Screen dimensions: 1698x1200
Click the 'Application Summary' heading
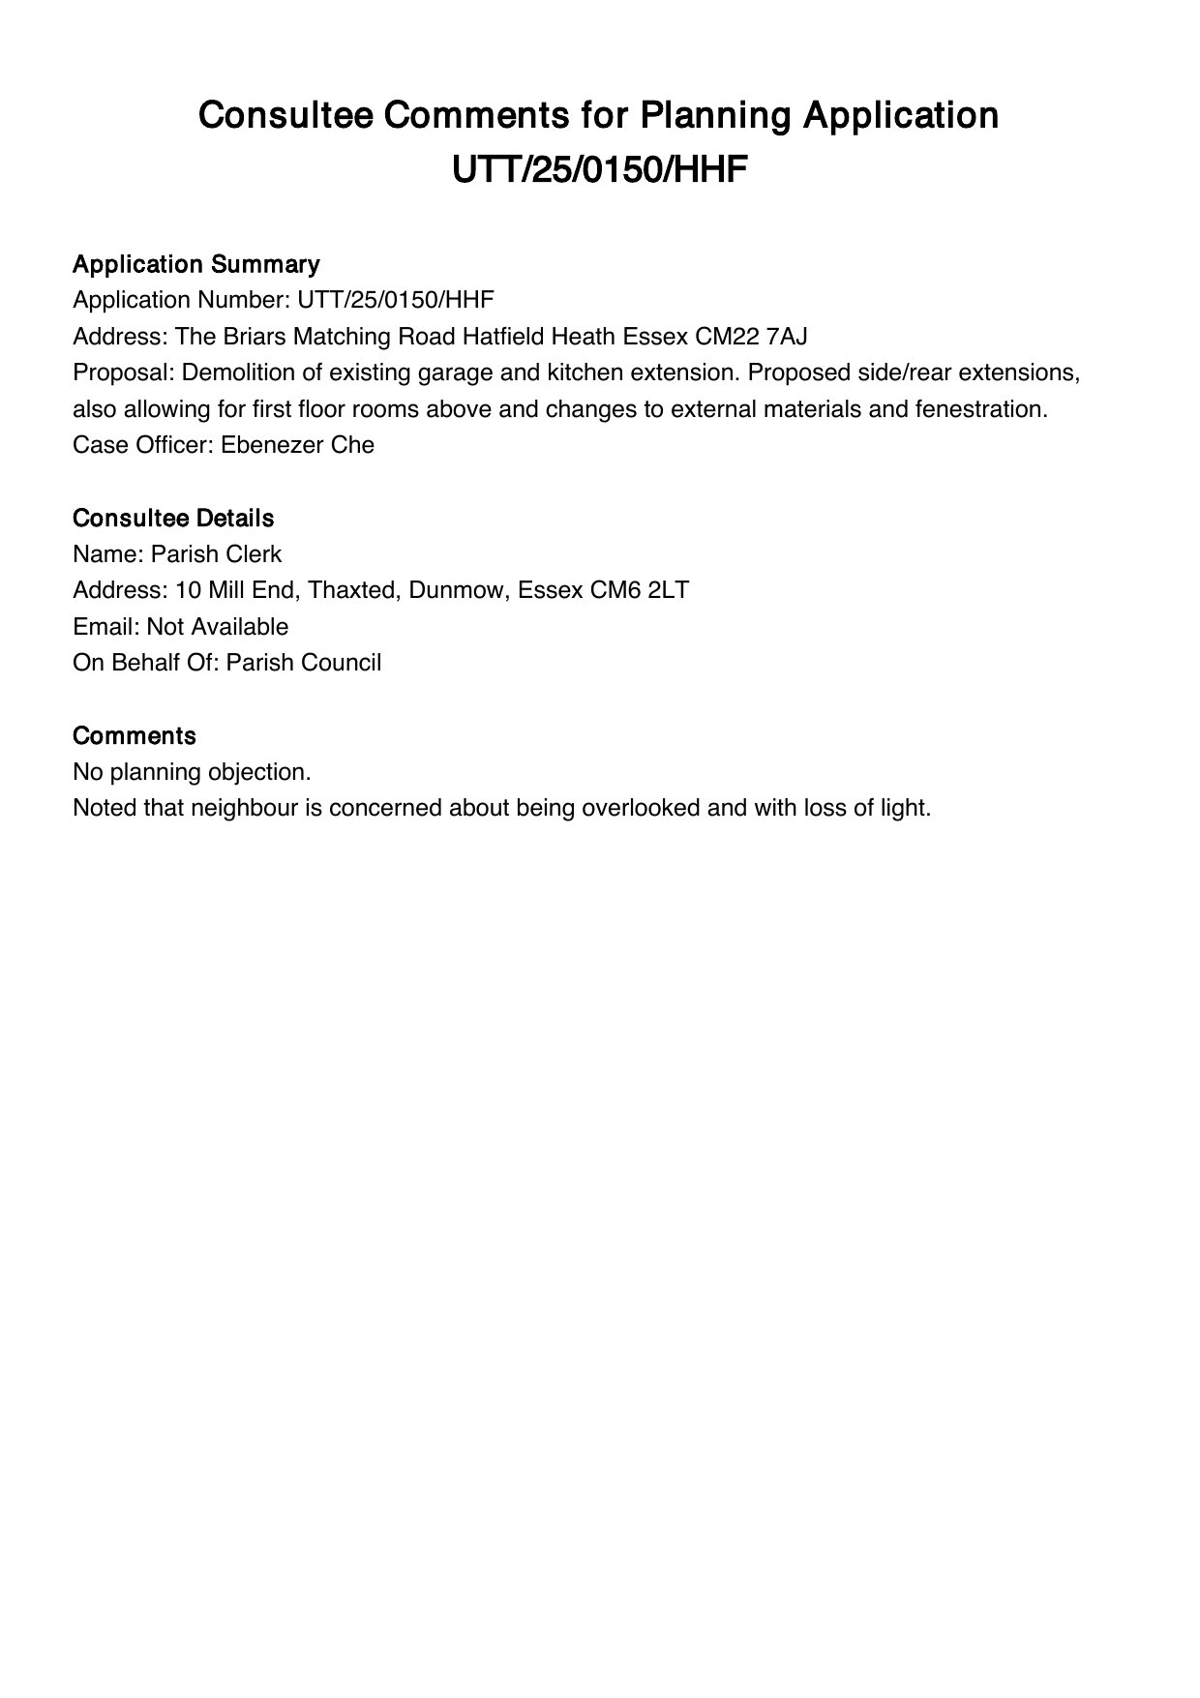point(195,264)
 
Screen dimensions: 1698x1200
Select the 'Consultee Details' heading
point(173,518)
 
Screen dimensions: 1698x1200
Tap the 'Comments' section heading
point(135,735)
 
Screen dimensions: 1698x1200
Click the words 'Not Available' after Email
point(218,627)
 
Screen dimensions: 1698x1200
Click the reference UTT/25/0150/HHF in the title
point(600,171)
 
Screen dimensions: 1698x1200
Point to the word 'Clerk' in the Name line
point(254,554)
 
